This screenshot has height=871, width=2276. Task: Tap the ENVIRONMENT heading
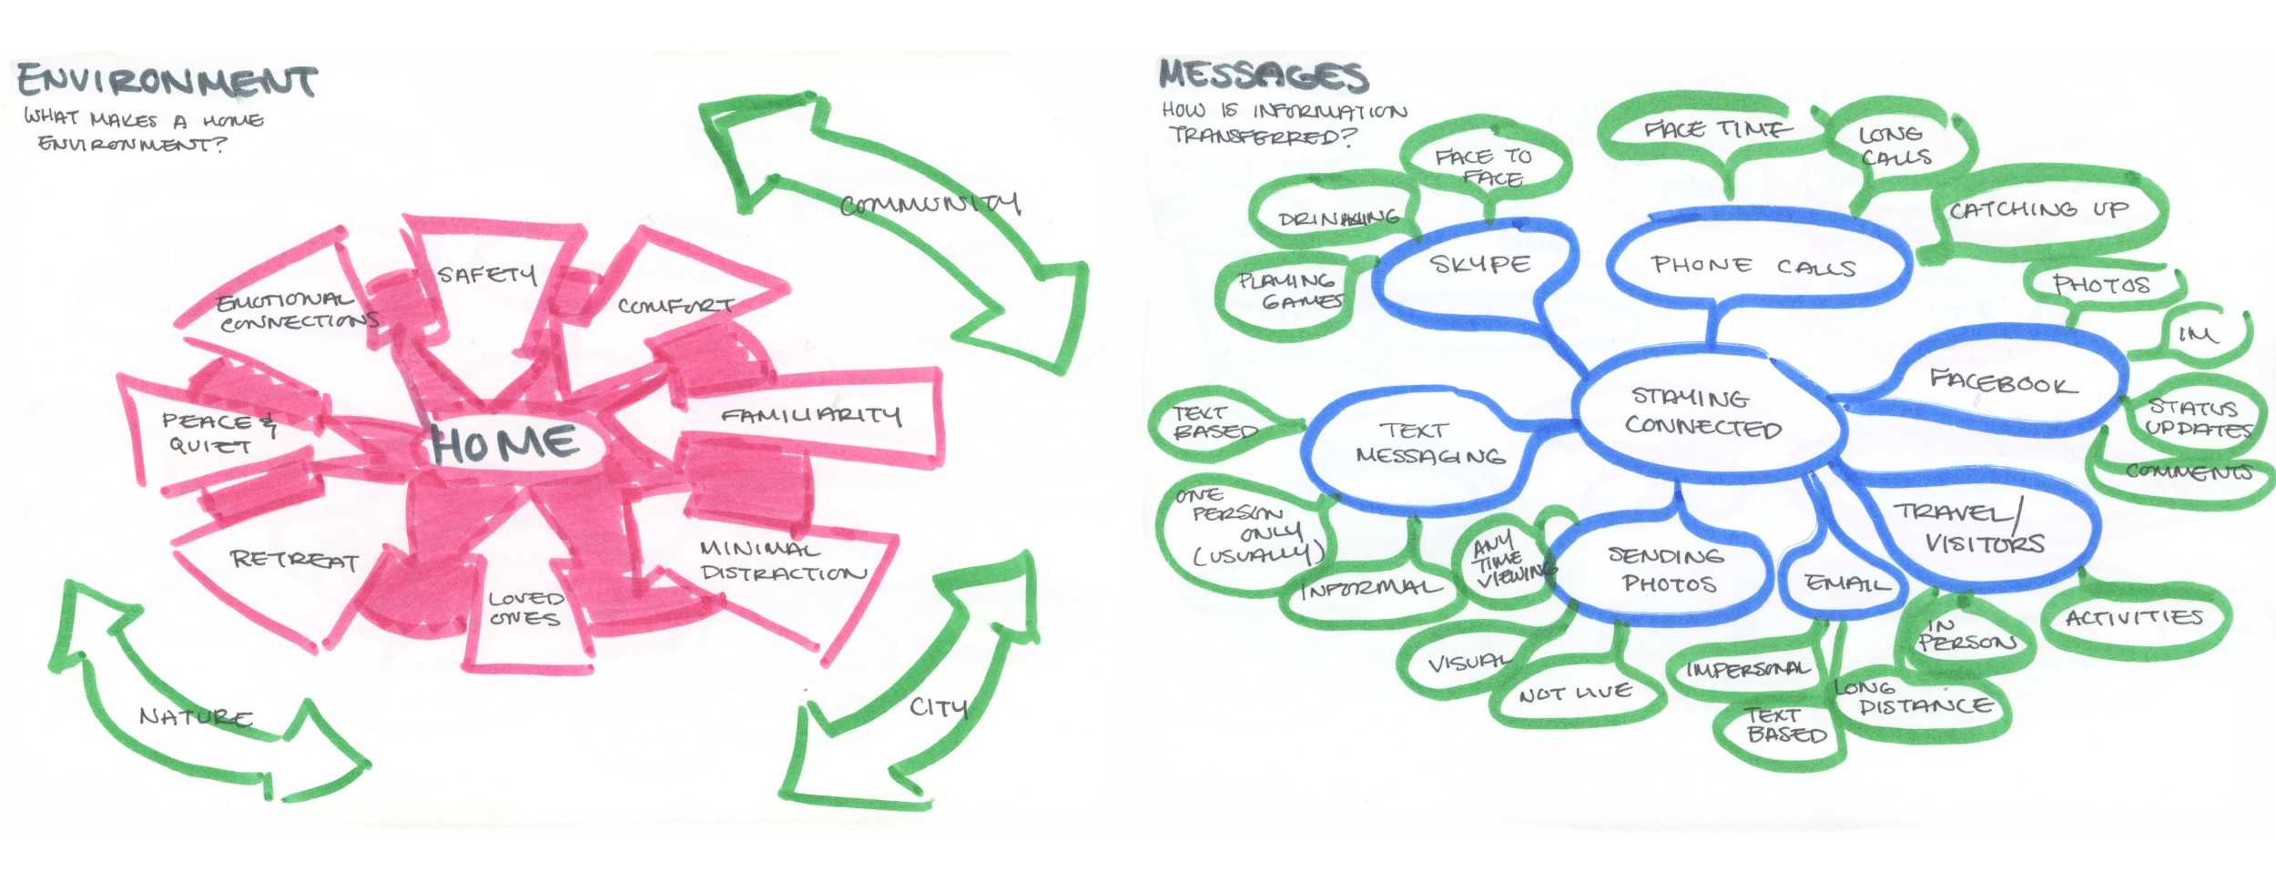[168, 81]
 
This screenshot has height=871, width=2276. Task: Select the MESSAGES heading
[1263, 76]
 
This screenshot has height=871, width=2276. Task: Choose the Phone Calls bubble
[1753, 266]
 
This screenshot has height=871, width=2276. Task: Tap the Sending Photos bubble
[1664, 570]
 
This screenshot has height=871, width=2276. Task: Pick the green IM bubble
[2197, 335]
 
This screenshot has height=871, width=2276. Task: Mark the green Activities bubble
[2134, 619]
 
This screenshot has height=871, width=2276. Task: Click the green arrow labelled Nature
[196, 717]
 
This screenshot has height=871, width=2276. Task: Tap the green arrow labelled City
[938, 706]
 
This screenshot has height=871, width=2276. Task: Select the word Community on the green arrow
[929, 204]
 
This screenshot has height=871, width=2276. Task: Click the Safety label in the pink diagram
[486, 274]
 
